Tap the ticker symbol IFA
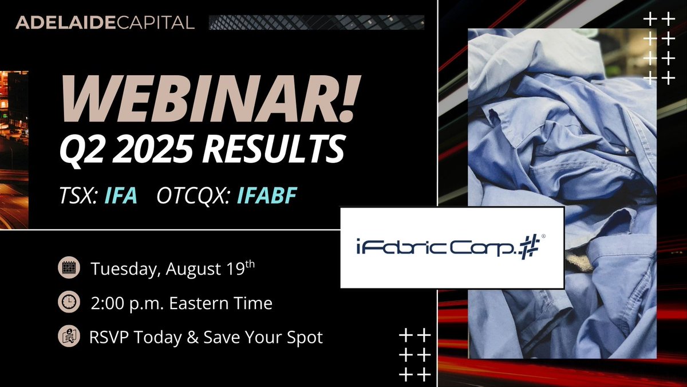pyautogui.click(x=121, y=196)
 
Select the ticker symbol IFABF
pyautogui.click(x=267, y=196)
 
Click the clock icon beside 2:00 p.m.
pyautogui.click(x=69, y=303)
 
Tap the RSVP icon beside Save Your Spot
pyautogui.click(x=69, y=337)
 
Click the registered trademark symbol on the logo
pyautogui.click(x=542, y=236)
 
